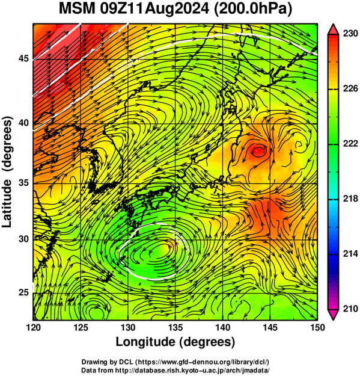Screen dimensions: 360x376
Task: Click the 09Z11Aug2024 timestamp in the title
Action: pyautogui.click(x=154, y=9)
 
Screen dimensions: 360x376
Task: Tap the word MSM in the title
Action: pyautogui.click(x=77, y=9)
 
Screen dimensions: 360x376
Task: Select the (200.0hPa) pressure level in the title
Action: pyautogui.click(x=253, y=9)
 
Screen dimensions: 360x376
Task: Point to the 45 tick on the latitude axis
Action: pyautogui.click(x=23, y=58)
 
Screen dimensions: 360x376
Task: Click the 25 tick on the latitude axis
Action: pyautogui.click(x=23, y=293)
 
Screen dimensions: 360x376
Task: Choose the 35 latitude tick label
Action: pyautogui.click(x=23, y=183)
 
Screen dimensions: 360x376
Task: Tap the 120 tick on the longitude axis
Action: pyautogui.click(x=33, y=327)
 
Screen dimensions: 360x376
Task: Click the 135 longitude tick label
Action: pyautogui.click(x=175, y=327)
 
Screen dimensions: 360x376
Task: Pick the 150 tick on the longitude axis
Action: pyautogui.click(x=317, y=327)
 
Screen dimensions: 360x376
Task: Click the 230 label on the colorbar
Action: pyautogui.click(x=350, y=34)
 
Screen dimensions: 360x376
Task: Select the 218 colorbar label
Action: pyautogui.click(x=350, y=199)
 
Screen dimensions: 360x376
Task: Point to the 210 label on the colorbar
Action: pyautogui.click(x=350, y=309)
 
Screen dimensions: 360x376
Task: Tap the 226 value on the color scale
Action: pyautogui.click(x=350, y=88)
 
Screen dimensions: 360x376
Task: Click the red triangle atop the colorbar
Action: pyautogui.click(x=333, y=29)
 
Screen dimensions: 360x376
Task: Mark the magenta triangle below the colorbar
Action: pyautogui.click(x=333, y=315)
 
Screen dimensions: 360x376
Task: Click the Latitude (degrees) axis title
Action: pyautogui.click(x=7, y=172)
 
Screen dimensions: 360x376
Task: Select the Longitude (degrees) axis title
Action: pyautogui.click(x=175, y=342)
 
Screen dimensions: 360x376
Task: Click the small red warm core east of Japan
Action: pyautogui.click(x=258, y=151)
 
